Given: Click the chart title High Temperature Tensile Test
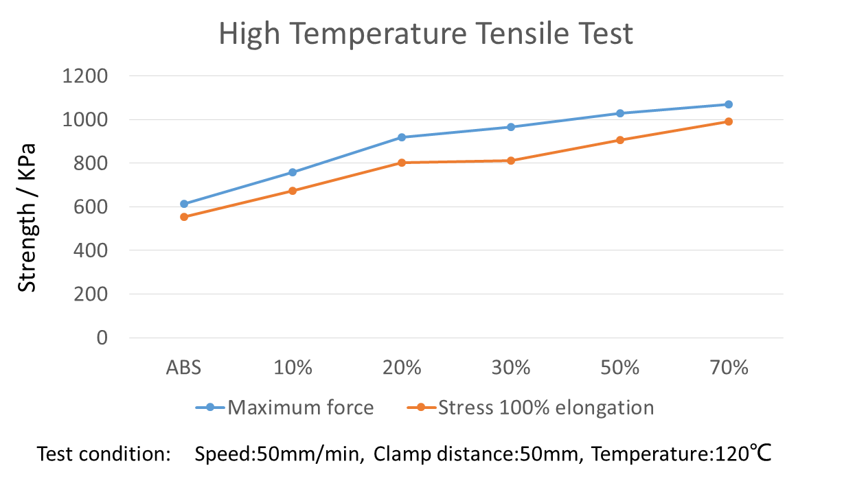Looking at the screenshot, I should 426,34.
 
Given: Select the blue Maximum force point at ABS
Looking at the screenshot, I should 184,204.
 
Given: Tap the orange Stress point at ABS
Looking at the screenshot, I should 184,217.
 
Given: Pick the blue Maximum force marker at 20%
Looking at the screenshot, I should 402,137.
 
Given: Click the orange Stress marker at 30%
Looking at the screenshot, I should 511,161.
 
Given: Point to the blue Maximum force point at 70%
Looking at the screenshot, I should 729,104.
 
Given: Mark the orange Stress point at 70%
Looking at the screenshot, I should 729,121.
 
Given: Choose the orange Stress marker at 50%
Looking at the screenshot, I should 620,140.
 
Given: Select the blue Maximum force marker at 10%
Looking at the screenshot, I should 293,172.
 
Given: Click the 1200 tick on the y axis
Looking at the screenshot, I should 85,76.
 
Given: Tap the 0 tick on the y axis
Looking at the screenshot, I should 102,338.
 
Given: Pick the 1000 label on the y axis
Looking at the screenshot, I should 85,119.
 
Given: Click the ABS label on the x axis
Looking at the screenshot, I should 184,368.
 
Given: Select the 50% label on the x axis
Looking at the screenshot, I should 620,368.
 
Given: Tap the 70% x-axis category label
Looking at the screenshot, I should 729,368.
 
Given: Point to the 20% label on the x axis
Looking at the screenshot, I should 402,368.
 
